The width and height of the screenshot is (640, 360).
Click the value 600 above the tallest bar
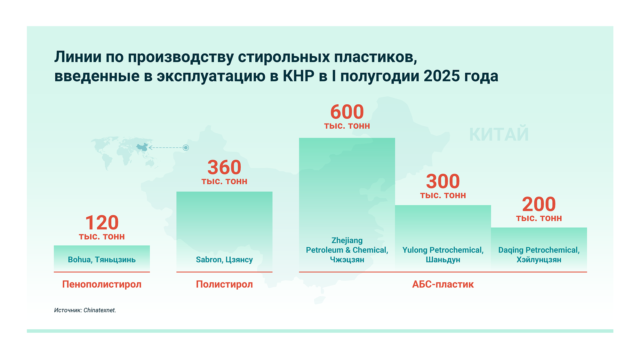[347, 112]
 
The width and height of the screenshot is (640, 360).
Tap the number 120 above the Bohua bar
[102, 222]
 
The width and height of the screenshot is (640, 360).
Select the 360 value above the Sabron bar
[224, 167]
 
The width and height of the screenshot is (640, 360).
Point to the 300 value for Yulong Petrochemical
[443, 181]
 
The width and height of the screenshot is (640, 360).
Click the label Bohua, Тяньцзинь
[102, 260]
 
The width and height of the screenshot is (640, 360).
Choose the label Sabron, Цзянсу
[224, 260]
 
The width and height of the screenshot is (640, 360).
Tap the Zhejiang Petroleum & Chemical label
[347, 250]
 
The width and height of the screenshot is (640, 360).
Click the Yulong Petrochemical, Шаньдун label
[443, 255]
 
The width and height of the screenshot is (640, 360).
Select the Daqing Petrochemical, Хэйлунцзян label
[539, 255]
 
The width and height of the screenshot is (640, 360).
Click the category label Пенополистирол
[102, 284]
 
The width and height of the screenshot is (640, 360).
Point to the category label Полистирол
[224, 284]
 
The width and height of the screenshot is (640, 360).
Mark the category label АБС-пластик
[443, 284]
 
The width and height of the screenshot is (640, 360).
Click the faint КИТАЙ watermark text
[499, 134]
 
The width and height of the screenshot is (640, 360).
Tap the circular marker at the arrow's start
[186, 148]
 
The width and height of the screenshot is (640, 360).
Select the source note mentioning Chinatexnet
[85, 310]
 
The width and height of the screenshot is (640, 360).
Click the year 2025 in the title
[442, 76]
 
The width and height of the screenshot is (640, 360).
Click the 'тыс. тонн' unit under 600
[347, 126]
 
